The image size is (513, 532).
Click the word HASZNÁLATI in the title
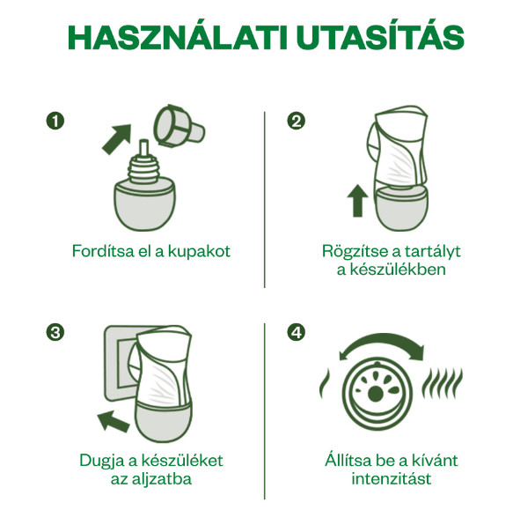(177, 37)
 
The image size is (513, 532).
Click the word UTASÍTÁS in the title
(380, 37)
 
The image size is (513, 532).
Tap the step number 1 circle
(55, 122)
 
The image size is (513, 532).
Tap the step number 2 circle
(296, 122)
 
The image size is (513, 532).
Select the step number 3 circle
(55, 333)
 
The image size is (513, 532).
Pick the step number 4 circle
(296, 333)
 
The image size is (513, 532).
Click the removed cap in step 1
(179, 126)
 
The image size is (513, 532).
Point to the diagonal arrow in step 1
(117, 139)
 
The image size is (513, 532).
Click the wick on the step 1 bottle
(143, 148)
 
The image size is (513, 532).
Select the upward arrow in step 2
(357, 201)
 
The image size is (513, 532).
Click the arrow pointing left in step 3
(113, 421)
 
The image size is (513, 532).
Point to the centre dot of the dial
(376, 394)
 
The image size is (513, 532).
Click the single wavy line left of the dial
(324, 383)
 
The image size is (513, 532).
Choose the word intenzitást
(392, 479)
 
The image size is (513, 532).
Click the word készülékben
(398, 270)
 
